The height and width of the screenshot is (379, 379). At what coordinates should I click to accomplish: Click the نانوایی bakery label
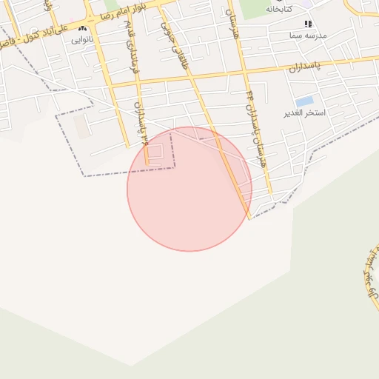82,40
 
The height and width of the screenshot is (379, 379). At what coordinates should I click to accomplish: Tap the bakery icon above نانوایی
81,29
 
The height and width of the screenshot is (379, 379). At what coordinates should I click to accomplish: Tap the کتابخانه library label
280,8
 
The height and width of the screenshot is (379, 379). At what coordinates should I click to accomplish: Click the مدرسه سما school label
308,35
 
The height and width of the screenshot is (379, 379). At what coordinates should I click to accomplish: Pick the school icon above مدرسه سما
308,24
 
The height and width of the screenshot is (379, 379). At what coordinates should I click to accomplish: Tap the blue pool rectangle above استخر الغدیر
303,101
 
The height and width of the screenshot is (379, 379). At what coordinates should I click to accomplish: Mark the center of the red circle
189,189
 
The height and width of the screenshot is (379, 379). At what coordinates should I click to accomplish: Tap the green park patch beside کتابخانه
255,7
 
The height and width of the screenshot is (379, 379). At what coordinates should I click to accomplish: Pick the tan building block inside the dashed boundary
79,127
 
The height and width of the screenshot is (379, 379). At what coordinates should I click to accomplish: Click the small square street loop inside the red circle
156,153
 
